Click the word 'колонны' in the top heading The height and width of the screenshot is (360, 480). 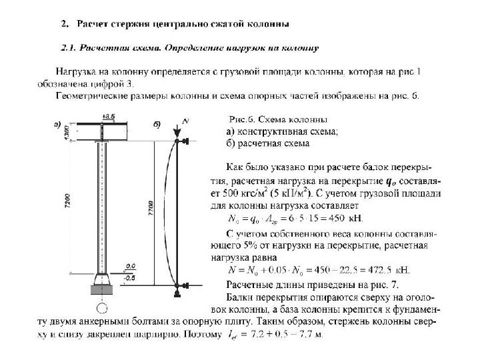266,25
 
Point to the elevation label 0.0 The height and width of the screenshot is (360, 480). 131,265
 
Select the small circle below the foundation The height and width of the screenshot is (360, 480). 101,309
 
